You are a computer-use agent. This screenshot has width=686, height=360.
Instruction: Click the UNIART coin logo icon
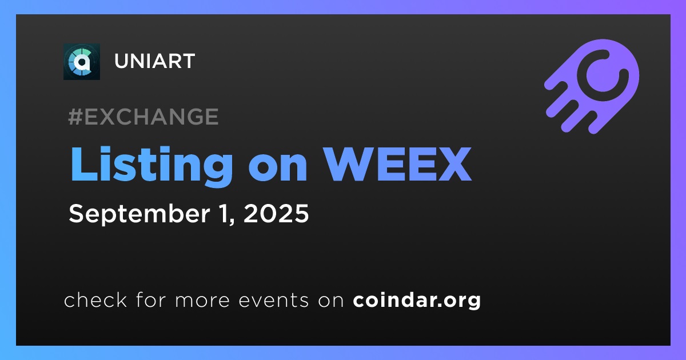pos(81,62)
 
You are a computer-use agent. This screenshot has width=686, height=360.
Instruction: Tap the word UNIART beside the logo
pos(155,61)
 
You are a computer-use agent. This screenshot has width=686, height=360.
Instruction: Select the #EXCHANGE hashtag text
pos(143,117)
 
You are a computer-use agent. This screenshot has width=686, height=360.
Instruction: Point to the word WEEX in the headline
pos(398,164)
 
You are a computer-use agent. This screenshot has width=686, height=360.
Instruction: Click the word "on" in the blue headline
pos(278,169)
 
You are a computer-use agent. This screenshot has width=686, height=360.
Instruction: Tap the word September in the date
pos(139,214)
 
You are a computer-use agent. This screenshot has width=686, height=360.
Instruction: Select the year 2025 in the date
pos(276,213)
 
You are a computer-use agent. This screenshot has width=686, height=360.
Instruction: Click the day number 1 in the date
pos(227,213)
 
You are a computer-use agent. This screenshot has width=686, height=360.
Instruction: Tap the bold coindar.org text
pos(417,300)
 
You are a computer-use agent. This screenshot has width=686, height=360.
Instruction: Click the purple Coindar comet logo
pos(592,86)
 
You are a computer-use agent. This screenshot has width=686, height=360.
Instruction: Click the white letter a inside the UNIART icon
pos(82,63)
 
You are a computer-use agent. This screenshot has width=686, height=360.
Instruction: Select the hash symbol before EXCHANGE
pos(75,117)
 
